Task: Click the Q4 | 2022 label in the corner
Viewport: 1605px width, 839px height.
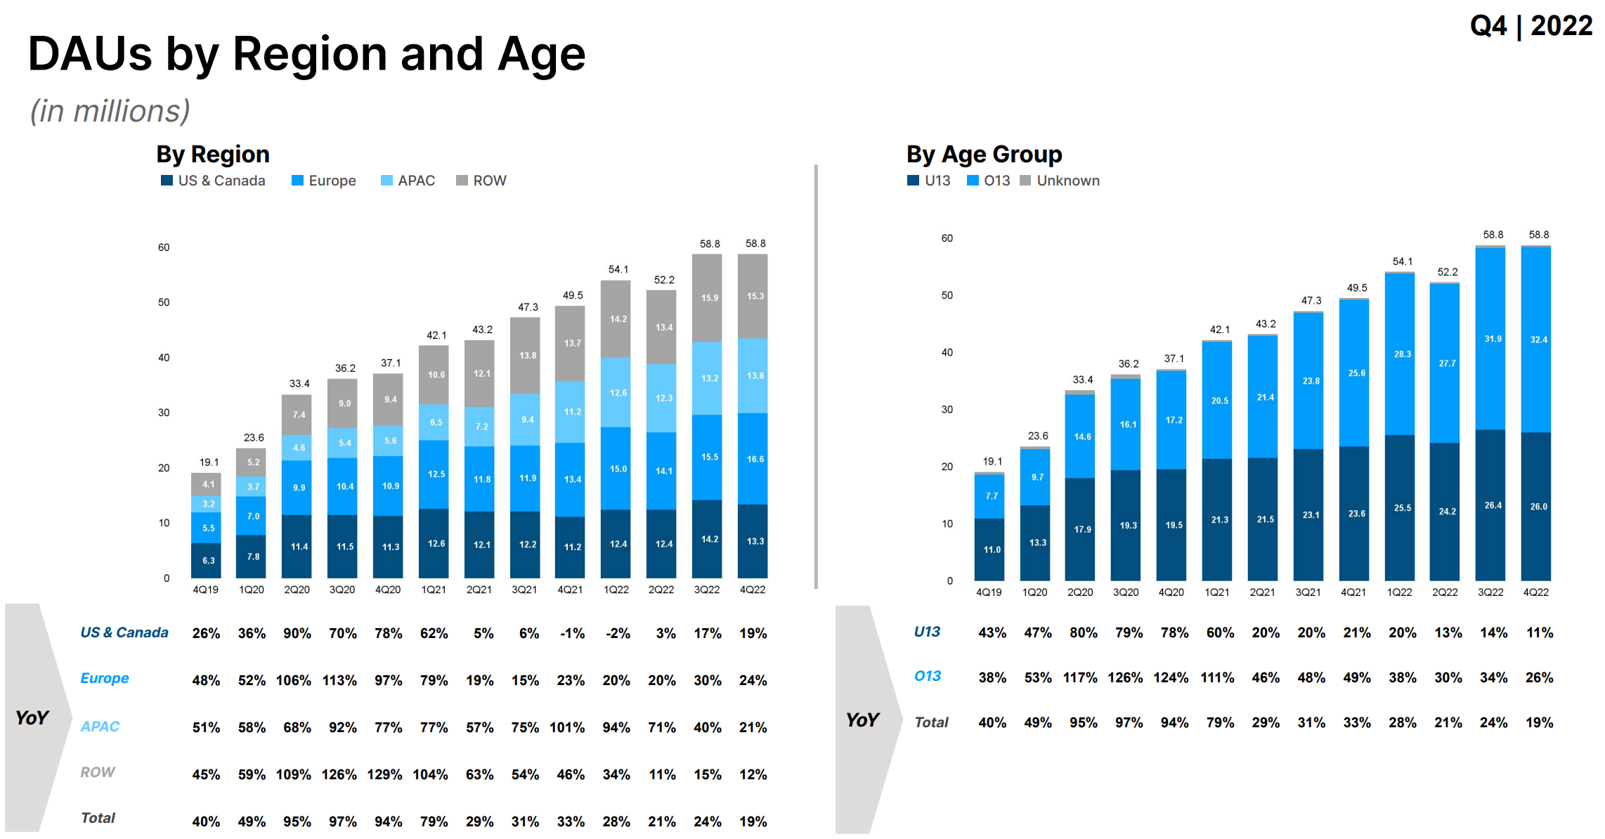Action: pos(1531,26)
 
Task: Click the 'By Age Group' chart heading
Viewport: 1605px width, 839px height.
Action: pos(984,154)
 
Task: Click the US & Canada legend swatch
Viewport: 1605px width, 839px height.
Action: pos(167,181)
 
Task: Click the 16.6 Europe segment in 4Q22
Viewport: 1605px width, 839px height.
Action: pos(755,459)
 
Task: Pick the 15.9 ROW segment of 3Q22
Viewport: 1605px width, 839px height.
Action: pos(709,298)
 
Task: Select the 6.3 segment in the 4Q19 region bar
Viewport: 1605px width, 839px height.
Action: pos(208,560)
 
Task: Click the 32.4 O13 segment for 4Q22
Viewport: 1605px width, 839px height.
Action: pos(1538,339)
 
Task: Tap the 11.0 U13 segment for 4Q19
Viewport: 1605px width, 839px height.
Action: pos(992,549)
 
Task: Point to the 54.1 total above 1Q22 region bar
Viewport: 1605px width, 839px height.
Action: pos(618,269)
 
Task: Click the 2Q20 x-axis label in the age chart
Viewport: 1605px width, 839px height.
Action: pos(1080,592)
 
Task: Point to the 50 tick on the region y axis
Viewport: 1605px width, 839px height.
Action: pos(164,302)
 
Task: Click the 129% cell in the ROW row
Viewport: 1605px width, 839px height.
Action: pos(384,774)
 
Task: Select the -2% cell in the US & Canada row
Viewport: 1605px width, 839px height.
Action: pos(618,633)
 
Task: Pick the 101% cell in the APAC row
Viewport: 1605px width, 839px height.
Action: pos(567,727)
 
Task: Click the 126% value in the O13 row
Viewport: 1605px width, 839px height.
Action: pos(1125,677)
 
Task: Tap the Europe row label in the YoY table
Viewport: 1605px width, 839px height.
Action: pos(104,678)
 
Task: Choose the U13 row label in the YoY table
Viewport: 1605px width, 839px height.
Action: pos(926,632)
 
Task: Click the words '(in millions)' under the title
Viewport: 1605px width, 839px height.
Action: pos(110,111)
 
